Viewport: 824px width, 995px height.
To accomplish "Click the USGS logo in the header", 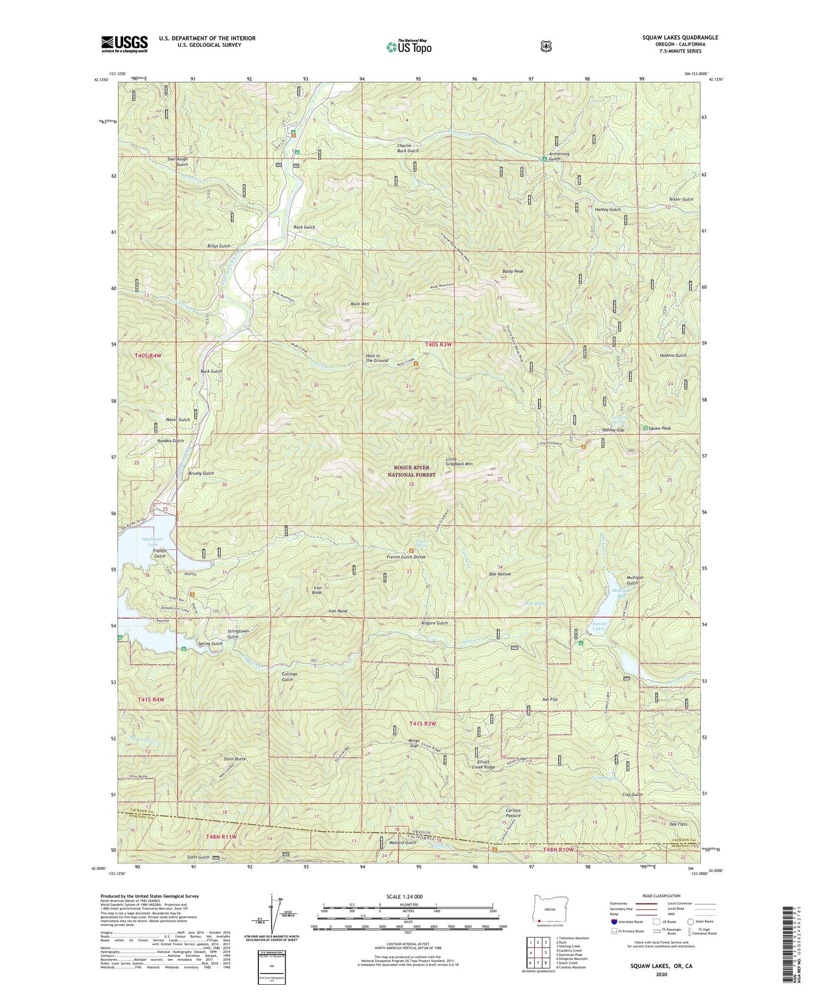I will tap(124, 44).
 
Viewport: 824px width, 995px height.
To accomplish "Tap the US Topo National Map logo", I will tap(407, 46).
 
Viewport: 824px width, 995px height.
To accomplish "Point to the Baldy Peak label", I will tap(512, 271).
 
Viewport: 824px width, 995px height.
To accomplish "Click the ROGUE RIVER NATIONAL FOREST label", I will tap(411, 471).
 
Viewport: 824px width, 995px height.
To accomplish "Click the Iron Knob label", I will tap(318, 590).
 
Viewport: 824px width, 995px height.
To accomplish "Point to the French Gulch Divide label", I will tap(406, 557).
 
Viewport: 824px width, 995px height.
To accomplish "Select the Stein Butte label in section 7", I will tap(235, 759).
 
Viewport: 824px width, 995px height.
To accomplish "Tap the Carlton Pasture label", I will tap(513, 813).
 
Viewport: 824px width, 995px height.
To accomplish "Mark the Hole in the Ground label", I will tap(376, 358).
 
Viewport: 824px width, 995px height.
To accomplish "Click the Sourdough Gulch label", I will tap(177, 162).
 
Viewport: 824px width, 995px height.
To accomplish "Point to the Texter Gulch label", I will tap(681, 199).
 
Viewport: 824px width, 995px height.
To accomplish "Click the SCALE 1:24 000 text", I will tap(404, 896).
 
